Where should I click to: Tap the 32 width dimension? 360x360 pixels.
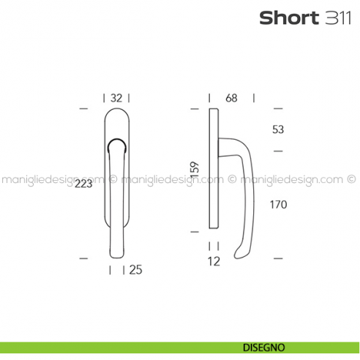click(x=116, y=97)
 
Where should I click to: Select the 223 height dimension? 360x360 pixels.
click(x=83, y=184)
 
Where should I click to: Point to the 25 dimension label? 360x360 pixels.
click(x=135, y=271)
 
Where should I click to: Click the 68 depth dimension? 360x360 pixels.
click(x=231, y=97)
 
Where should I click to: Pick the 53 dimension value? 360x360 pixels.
click(x=277, y=130)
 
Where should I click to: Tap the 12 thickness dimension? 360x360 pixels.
click(x=213, y=260)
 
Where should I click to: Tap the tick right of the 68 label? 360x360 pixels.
click(x=254, y=97)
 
